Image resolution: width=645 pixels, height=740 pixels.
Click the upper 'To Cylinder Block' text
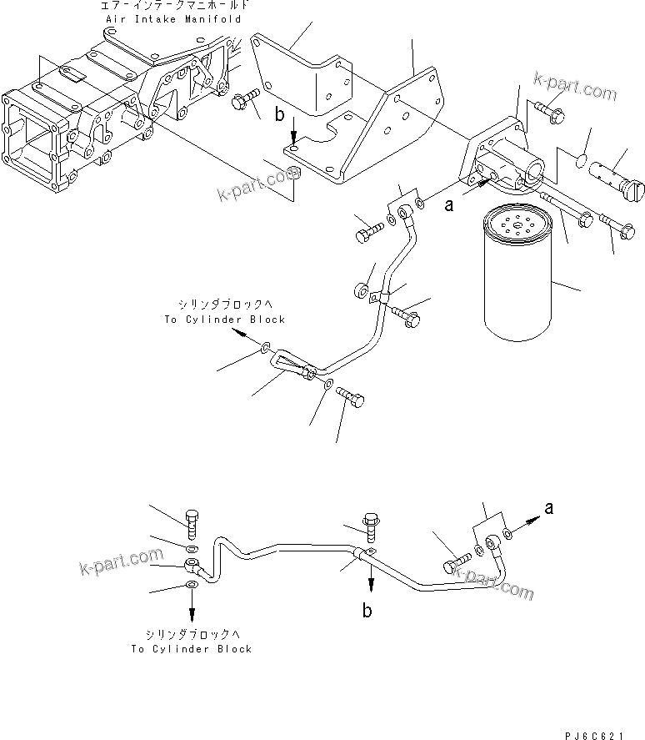point(224,320)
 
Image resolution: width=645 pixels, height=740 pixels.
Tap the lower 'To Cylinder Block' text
point(191,649)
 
